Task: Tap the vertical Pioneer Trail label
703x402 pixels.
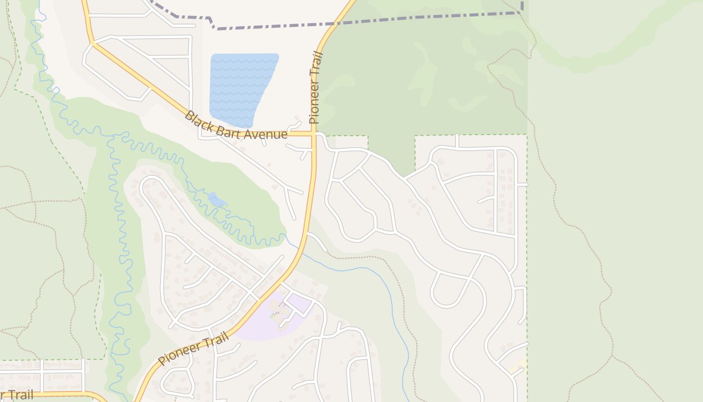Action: point(315,88)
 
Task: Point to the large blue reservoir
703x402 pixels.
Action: point(241,88)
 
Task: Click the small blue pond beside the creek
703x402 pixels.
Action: point(217,200)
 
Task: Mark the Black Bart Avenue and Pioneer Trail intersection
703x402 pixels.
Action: point(314,134)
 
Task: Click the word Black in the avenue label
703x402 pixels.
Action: point(197,120)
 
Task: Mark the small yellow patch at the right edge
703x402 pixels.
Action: point(517,367)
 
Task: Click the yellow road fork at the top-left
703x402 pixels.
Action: point(92,43)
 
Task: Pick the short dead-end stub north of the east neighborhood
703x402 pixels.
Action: point(457,141)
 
